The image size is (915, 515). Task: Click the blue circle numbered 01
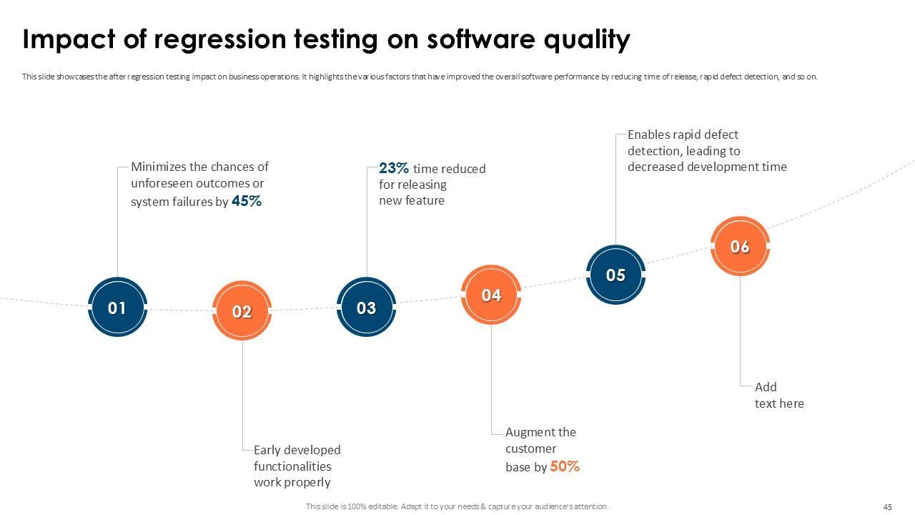117,308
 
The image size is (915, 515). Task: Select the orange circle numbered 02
242,311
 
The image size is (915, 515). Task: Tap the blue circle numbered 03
366,308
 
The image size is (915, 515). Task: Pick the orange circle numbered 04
491,295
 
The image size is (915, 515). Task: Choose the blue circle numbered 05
615,275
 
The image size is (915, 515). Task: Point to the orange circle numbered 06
740,246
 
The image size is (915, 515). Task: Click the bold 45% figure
247,202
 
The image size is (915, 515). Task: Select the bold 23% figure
394,168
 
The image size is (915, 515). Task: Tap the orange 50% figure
565,466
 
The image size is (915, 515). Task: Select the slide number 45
888,507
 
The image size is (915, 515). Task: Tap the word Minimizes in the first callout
159,167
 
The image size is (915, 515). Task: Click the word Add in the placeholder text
766,387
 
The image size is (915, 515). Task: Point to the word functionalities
292,466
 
